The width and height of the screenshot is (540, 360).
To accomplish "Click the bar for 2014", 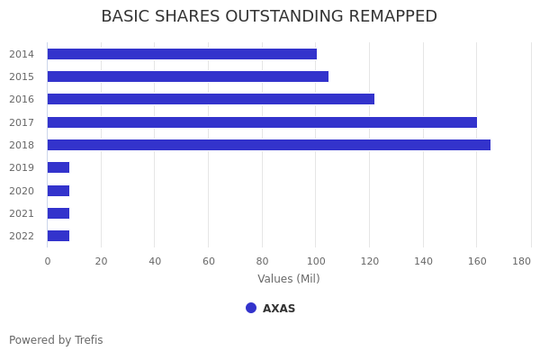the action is (182, 54).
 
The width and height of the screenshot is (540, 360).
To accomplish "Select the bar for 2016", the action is (211, 99).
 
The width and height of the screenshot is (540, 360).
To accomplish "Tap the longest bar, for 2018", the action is (269, 145).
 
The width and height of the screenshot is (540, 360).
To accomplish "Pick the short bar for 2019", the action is (58, 167).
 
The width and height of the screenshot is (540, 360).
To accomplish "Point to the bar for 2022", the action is (58, 236).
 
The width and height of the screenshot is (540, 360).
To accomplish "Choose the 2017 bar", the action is (262, 122).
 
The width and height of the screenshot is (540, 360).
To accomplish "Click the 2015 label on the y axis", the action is (22, 76).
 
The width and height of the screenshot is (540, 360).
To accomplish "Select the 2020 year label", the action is (22, 191).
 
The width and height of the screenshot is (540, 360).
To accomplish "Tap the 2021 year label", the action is (22, 213).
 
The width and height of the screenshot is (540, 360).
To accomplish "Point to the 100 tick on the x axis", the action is (316, 262).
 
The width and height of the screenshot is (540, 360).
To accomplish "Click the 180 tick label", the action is (521, 262).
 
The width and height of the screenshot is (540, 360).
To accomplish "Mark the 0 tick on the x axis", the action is (48, 262).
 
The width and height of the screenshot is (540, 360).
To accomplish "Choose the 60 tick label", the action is (209, 262).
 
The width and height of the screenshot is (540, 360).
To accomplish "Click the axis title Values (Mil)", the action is (289, 278).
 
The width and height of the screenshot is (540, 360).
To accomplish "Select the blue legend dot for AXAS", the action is (251, 308).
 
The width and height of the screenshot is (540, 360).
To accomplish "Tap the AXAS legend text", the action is (279, 309).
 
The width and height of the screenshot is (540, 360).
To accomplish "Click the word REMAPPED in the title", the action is (393, 16).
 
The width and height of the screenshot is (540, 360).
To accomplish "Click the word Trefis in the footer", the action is (89, 340).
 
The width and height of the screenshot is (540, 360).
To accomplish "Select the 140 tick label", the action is (423, 262).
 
